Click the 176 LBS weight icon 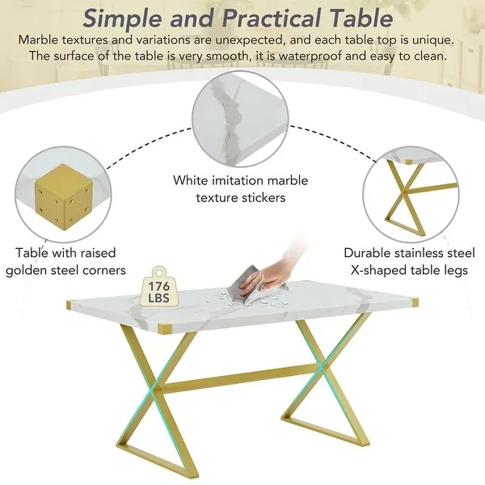159,287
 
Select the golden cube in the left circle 64,197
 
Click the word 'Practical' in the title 271,19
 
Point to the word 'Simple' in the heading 122,19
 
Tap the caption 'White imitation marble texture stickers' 240,189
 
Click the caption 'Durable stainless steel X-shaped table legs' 409,261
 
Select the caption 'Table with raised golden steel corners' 65,261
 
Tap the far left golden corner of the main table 69,306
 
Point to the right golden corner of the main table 415,302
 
